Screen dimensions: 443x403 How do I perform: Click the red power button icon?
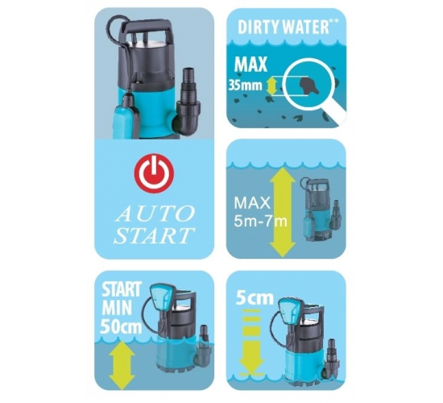coord(154,173)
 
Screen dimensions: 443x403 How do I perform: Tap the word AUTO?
coord(155,214)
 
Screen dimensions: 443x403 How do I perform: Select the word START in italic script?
coord(154,235)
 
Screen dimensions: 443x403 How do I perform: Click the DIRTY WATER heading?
coord(288,27)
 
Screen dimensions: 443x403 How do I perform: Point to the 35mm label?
coord(246,85)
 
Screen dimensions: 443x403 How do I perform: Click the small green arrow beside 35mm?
coord(271,86)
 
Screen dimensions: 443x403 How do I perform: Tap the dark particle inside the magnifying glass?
coord(308,86)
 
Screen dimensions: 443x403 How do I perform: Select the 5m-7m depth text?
coord(260,221)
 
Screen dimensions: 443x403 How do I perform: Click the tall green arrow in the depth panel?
coord(283,212)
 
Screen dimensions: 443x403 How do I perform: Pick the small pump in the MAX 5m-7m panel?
coord(320,209)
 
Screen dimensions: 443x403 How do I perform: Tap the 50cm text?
coord(121,326)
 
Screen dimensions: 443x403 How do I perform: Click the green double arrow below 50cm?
coord(122,365)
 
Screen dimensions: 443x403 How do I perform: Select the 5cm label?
coord(255,297)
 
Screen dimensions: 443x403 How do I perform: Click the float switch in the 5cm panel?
coord(291,311)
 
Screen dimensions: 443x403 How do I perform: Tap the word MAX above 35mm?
coord(250,64)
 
